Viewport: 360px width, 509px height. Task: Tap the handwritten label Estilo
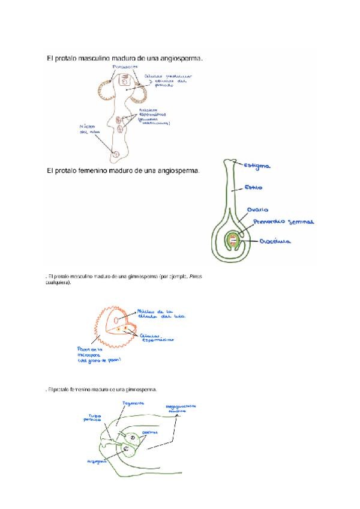[x=253, y=187]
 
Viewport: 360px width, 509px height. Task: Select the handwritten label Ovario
[x=257, y=210]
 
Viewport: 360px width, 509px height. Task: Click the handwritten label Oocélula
[x=275, y=241]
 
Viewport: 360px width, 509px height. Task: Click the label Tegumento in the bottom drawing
[x=133, y=403]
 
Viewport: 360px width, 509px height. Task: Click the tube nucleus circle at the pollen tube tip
[x=116, y=154]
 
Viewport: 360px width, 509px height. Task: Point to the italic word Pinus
[x=201, y=276]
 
